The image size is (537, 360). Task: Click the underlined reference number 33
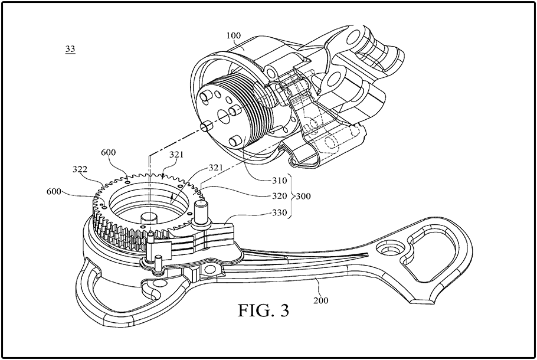coord(70,49)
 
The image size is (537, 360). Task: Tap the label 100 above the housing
coord(234,35)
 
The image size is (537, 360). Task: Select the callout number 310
coord(280,181)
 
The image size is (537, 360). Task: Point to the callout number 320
coord(280,197)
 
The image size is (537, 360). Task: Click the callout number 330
coord(280,212)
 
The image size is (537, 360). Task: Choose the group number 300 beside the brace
coord(303,197)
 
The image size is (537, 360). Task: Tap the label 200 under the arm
coord(321,300)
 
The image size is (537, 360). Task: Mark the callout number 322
coord(80,169)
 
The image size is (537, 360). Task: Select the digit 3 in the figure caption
coord(284,310)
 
